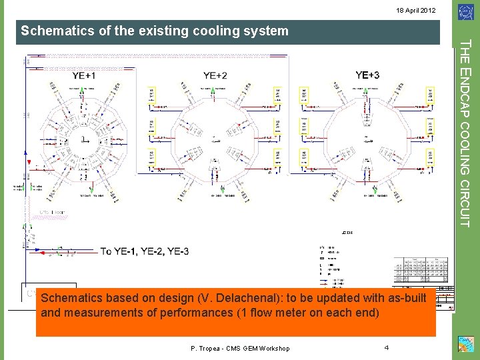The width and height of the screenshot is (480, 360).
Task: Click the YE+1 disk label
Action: click(83, 75)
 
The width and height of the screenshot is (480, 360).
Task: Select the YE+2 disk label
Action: click(215, 75)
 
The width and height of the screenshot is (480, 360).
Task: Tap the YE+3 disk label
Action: click(367, 75)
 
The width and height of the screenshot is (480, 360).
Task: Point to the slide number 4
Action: click(387, 347)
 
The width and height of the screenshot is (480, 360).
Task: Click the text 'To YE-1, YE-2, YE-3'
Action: click(145, 251)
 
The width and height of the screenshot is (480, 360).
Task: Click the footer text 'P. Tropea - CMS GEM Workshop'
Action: click(240, 348)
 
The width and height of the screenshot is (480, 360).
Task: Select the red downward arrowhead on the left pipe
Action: click(28, 163)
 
